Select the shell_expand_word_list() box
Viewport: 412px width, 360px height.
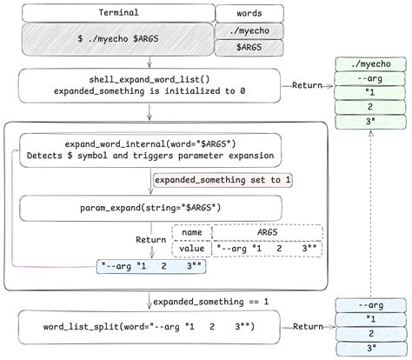(x=150, y=84)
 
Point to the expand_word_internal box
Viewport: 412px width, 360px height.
(x=150, y=150)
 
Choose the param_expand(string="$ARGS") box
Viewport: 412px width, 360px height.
(x=150, y=207)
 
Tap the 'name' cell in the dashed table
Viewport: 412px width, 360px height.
(x=192, y=232)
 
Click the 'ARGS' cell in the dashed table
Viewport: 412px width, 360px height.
(x=267, y=232)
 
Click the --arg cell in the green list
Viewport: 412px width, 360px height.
(x=369, y=78)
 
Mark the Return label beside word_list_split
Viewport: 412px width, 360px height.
(x=309, y=327)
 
